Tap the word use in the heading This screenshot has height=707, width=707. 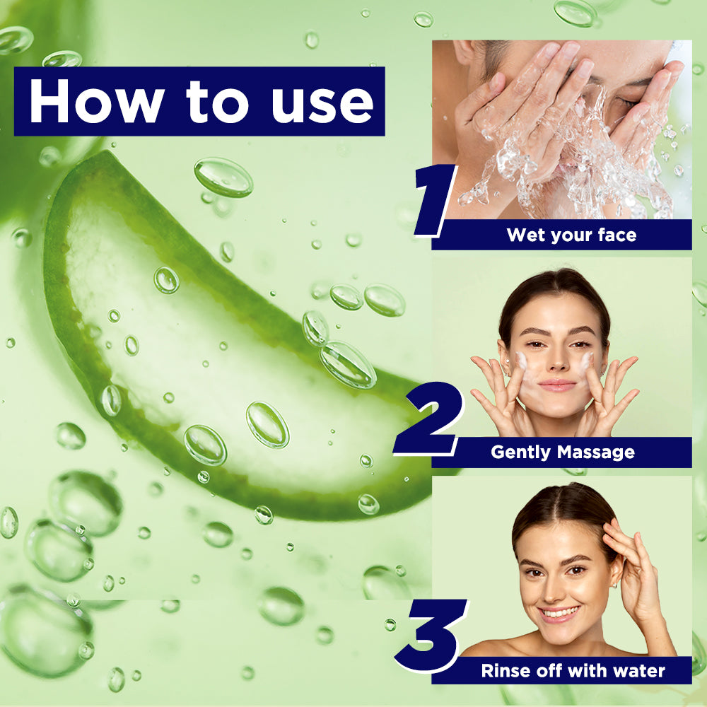pos(322,105)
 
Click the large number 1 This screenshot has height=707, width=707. pos(435,200)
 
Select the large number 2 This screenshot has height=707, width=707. pos(428,418)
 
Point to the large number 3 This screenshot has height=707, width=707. pos(430,636)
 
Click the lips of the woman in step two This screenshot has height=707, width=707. pos(557,385)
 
